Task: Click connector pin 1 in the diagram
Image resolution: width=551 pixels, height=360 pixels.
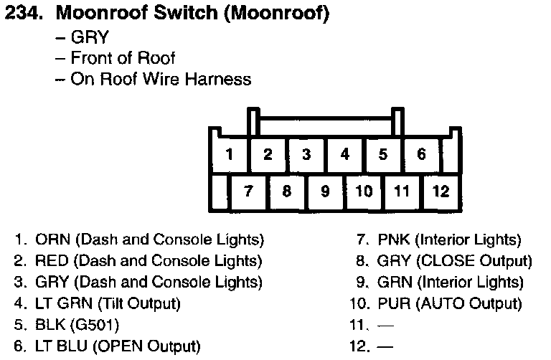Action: coord(229,153)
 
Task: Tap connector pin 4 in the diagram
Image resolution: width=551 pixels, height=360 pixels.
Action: coord(345,153)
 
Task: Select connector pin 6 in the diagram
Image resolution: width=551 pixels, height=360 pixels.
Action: coord(421,153)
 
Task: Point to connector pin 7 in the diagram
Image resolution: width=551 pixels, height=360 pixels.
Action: coord(248,191)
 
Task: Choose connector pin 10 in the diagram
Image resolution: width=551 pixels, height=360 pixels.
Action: coord(364,191)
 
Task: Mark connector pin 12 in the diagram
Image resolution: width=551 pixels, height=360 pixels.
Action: coord(441,191)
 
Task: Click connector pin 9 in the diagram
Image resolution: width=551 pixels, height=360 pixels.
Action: coord(325,191)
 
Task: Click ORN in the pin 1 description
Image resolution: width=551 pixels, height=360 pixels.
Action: coord(49,240)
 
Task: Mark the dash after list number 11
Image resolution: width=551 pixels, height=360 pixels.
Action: coord(387,325)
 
